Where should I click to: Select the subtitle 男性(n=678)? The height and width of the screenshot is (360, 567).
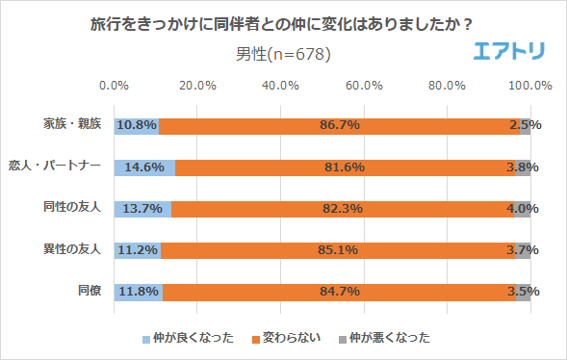[x=283, y=54]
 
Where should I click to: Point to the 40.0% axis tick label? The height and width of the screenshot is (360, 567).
[x=280, y=86]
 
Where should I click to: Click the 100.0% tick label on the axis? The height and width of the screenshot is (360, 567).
[x=529, y=86]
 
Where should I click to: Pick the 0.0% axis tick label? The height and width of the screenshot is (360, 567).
[x=115, y=86]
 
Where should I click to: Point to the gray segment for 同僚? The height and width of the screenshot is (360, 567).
[x=523, y=292]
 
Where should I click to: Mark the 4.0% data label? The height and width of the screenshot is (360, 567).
[x=525, y=209]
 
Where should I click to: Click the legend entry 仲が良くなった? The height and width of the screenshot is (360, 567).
[x=187, y=338]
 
